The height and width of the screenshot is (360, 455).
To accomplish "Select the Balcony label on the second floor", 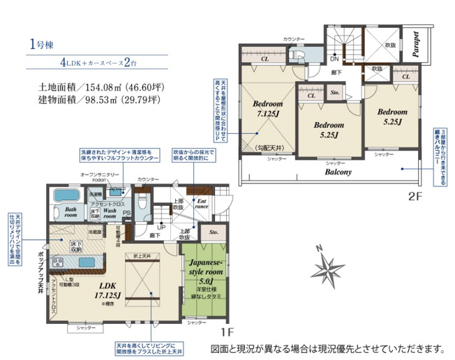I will coord(338,171).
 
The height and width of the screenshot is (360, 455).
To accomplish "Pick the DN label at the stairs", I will coord(335,59).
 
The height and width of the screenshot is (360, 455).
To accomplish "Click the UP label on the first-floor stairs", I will coord(162,227).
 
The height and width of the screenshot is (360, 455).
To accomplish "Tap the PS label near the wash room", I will coord(126,213).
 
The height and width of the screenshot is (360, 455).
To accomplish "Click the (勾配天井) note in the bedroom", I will coord(269,147).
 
